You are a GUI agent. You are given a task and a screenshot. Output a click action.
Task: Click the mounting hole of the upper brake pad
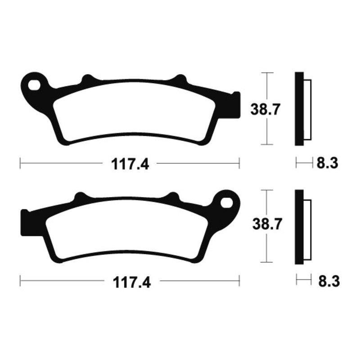click(x=33, y=84)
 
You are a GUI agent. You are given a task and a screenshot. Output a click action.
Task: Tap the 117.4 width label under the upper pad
click(x=130, y=164)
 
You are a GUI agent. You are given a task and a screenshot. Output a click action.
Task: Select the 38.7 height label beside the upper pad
click(x=263, y=108)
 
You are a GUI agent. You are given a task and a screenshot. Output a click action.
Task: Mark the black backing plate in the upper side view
click(x=299, y=108)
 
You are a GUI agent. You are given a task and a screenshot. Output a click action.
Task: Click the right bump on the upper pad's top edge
click(x=180, y=79)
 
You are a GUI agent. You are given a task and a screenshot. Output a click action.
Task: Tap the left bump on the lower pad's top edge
click(x=80, y=197)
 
